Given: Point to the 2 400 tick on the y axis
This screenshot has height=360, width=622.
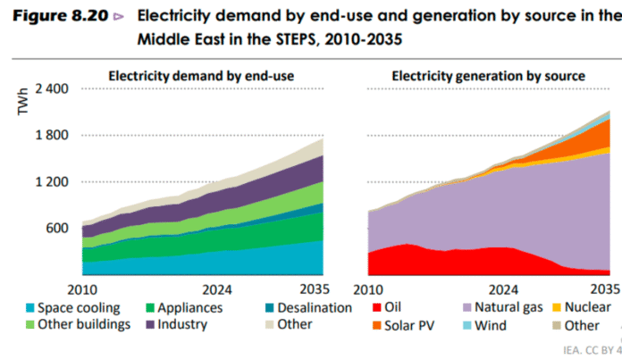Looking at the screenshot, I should point(52,89).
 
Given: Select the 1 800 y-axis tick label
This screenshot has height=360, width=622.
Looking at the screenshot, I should point(52,136).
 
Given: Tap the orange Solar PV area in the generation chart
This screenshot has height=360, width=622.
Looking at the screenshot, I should point(585,138).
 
